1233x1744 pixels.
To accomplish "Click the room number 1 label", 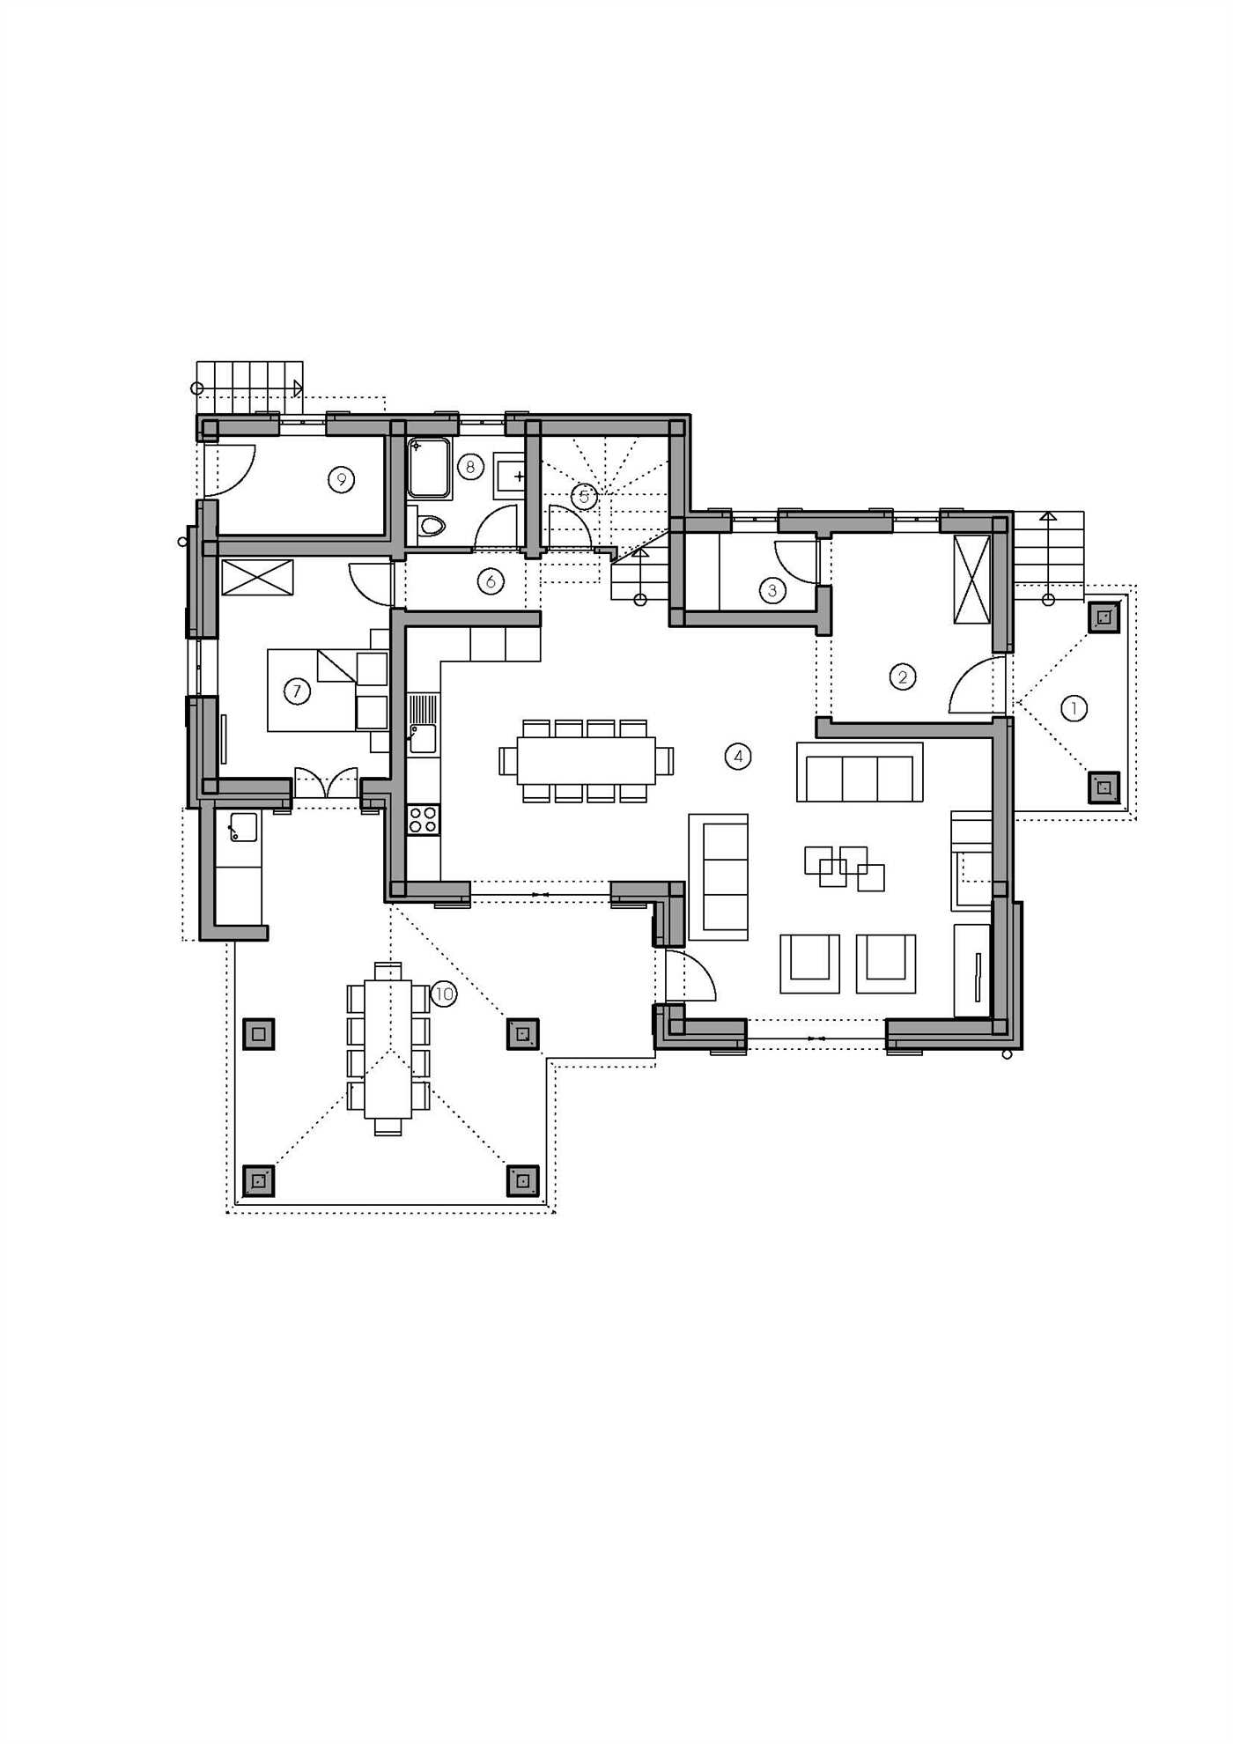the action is click(1074, 708).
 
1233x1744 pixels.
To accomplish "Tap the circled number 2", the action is click(903, 676).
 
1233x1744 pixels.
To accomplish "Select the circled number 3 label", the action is click(772, 590).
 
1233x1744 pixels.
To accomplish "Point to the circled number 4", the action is click(738, 756).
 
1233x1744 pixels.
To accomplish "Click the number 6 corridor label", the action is click(491, 580).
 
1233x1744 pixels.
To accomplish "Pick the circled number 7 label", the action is click(297, 691).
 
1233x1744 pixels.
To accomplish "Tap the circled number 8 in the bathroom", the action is click(470, 466).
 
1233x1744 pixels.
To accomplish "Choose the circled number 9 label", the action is click(341, 479).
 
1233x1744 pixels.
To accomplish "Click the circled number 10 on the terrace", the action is click(444, 994).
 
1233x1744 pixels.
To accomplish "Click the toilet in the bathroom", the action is click(430, 526).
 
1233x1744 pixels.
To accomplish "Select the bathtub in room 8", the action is click(430, 468).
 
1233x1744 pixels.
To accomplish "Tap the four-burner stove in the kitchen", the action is click(423, 819).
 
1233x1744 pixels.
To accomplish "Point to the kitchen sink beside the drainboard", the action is click(423, 738).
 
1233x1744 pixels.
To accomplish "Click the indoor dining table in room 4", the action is click(587, 760).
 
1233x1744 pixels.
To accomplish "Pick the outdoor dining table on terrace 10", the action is click(388, 1049).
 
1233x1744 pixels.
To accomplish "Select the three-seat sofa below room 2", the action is click(860, 772).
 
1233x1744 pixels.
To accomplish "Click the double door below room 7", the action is click(327, 783).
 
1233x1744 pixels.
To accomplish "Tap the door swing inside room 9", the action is click(230, 469).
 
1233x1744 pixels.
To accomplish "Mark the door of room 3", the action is click(796, 562).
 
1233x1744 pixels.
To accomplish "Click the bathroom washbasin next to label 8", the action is click(509, 477).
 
